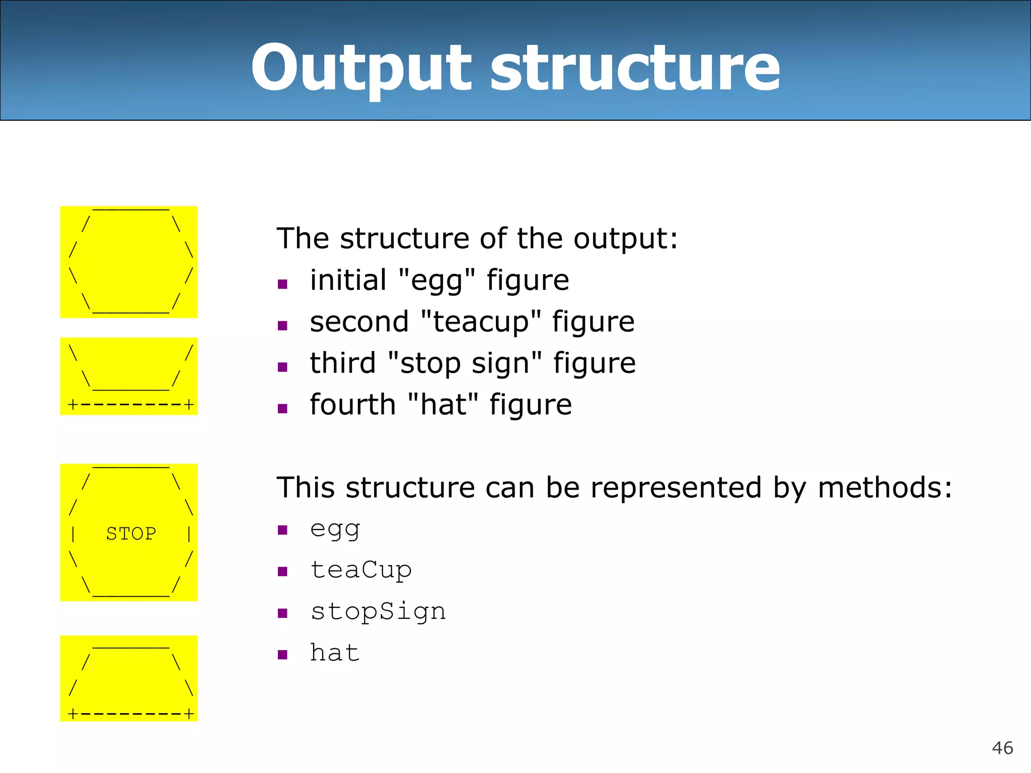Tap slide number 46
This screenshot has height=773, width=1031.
(x=1002, y=748)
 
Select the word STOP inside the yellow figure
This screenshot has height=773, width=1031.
(x=131, y=533)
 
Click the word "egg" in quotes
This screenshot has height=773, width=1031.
(x=436, y=281)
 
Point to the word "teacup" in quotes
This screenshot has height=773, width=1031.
(x=481, y=322)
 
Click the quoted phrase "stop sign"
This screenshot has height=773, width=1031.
(x=465, y=363)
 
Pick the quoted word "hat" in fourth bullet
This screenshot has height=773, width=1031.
(x=443, y=405)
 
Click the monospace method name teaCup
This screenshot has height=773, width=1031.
(x=361, y=571)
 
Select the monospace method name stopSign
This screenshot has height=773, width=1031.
(x=378, y=612)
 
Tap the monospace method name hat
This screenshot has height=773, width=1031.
(x=335, y=653)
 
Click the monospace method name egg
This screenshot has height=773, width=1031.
(x=335, y=529)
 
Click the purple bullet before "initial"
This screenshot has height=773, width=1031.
(x=282, y=284)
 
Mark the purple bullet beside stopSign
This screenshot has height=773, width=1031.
(x=282, y=613)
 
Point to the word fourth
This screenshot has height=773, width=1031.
(x=353, y=405)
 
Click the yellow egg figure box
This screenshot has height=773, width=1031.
(x=129, y=262)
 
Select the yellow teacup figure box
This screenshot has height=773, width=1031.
(x=129, y=376)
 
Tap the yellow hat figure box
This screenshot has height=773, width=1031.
(x=129, y=678)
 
